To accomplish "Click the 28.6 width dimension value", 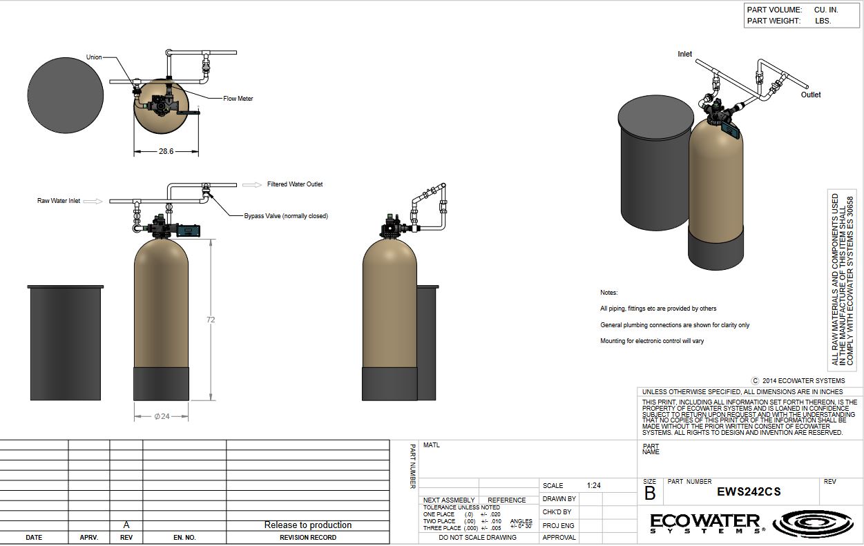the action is tap(166, 152).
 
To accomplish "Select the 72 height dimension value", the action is tap(211, 320).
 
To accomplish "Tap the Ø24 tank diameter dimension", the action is tap(162, 416).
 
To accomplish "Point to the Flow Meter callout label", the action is tap(238, 99).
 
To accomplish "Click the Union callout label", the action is tap(94, 57).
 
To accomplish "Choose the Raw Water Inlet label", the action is tap(59, 201).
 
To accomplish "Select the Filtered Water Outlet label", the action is tap(295, 184).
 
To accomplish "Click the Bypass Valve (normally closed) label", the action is tap(286, 216).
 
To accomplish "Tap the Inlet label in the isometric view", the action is tap(684, 54).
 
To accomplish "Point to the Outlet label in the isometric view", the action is tap(811, 95).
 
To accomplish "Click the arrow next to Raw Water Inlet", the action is tap(93, 202).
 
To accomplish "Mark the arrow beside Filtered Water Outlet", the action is tap(252, 185).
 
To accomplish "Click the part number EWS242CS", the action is tap(749, 492).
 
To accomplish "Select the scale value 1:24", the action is tap(594, 485).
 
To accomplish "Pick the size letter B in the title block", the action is tap(650, 494).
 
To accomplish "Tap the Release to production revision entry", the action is tap(308, 525).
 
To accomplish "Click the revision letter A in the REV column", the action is tap(126, 525).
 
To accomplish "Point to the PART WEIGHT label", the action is tap(774, 21).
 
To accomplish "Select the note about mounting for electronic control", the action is tap(652, 341).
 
